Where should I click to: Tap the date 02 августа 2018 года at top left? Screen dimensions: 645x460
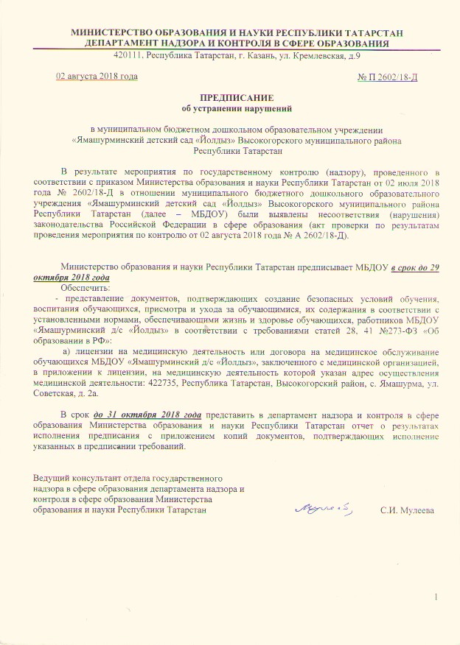coord(97,76)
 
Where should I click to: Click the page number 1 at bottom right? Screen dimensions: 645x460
coord(436,596)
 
